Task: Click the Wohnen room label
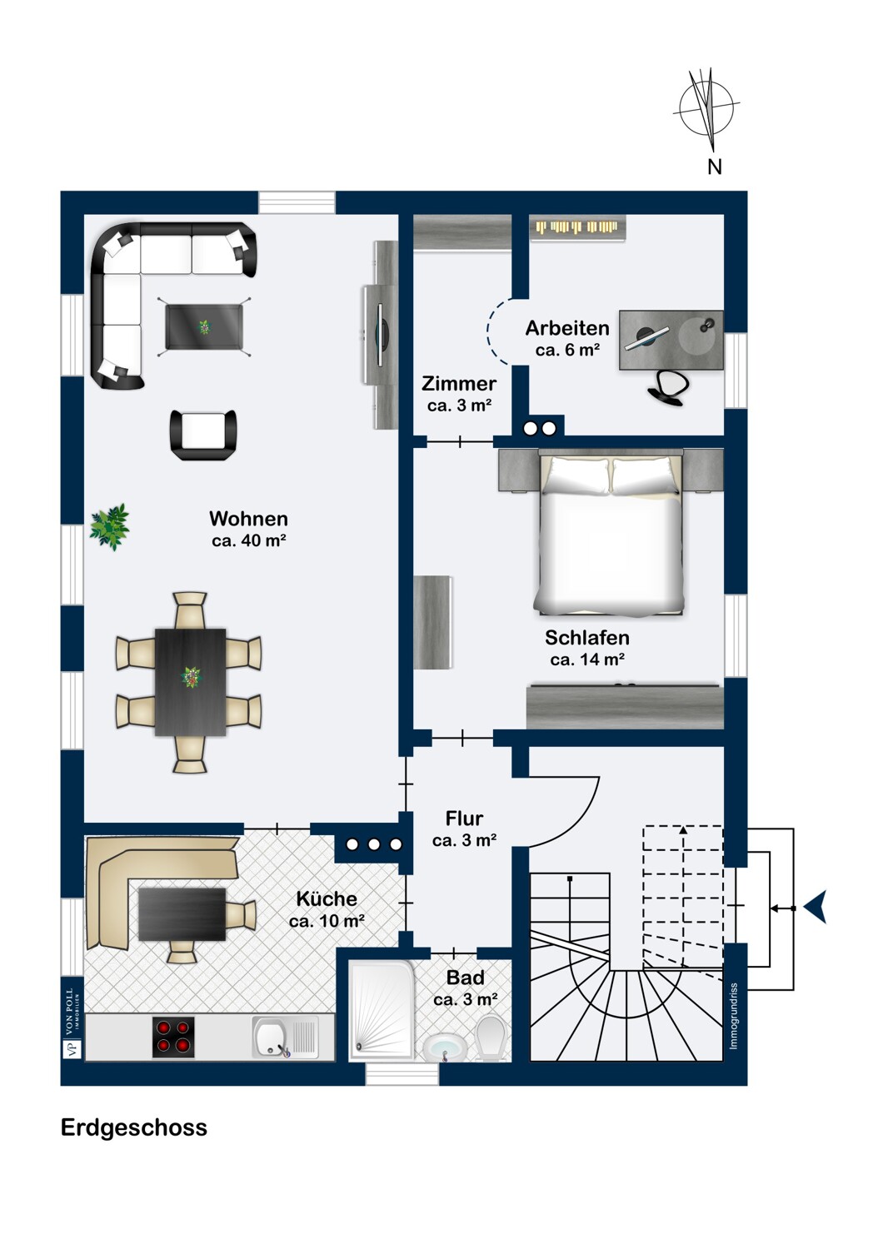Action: click(249, 519)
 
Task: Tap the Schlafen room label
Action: click(586, 637)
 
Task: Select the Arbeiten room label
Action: click(567, 328)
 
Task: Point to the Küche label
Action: click(327, 898)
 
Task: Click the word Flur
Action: click(464, 818)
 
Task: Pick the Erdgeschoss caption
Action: click(134, 1127)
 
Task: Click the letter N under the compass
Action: click(715, 167)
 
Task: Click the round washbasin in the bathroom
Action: click(444, 1048)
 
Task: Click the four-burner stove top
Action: click(173, 1038)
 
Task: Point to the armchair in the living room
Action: click(203, 435)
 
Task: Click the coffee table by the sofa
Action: click(204, 326)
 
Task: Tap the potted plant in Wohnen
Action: click(110, 527)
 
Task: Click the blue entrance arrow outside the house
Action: click(816, 908)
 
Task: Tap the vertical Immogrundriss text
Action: click(734, 1016)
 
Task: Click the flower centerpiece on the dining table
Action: click(191, 678)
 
